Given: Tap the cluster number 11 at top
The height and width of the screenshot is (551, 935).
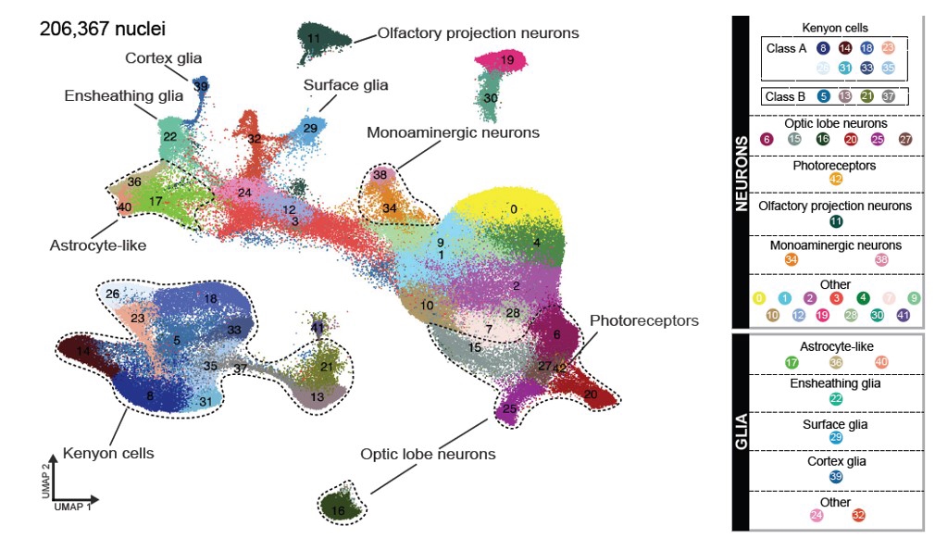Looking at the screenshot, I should tap(315, 38).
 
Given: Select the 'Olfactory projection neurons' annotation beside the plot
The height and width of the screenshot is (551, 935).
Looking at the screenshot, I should tap(478, 33).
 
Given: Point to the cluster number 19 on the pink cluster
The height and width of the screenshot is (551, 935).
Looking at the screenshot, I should tap(507, 61).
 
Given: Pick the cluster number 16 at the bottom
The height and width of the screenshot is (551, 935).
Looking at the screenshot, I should tap(339, 510).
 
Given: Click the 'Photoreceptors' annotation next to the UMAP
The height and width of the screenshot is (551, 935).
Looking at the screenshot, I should tap(643, 320).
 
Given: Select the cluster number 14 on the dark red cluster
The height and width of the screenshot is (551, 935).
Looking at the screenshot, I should tap(84, 353).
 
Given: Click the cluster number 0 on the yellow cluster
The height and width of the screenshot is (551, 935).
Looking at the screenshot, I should tap(513, 209).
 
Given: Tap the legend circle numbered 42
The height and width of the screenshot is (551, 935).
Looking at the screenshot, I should tap(836, 179).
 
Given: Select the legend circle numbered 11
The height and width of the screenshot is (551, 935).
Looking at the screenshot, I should tap(836, 221).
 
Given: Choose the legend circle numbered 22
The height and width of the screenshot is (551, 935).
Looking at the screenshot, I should tap(836, 399).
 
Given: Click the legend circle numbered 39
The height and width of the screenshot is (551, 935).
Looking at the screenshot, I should tap(836, 477).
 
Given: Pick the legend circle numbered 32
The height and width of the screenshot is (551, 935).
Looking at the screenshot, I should tap(858, 515).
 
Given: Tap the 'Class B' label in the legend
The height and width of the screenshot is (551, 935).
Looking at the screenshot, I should tap(786, 96).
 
